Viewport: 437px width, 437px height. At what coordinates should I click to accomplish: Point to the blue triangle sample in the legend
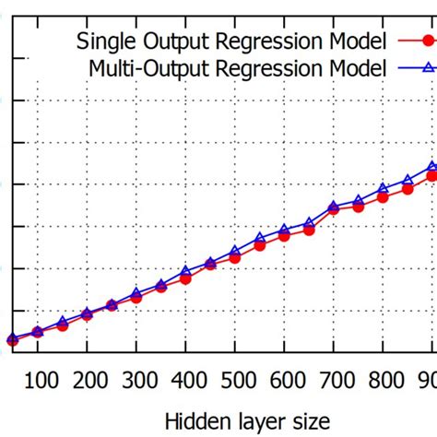pyautogui.click(x=413, y=67)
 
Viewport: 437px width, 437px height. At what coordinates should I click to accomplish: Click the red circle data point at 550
pyautogui.click(x=260, y=245)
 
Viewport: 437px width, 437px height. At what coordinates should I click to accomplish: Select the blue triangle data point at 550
pyautogui.click(x=260, y=238)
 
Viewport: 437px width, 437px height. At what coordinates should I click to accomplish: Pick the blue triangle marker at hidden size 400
pyautogui.click(x=185, y=271)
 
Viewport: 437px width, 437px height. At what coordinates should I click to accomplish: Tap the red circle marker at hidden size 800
pyautogui.click(x=383, y=196)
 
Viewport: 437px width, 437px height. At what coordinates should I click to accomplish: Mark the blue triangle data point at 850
pyautogui.click(x=407, y=180)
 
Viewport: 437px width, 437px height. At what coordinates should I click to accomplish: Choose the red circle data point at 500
pyautogui.click(x=235, y=257)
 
